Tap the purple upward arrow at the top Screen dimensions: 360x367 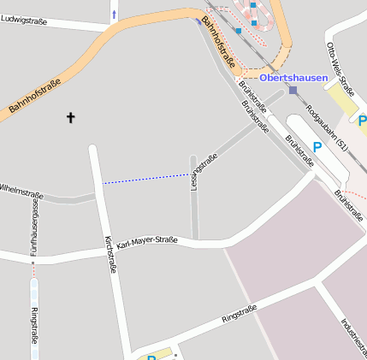(115, 14)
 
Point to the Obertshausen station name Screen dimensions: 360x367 (293, 78)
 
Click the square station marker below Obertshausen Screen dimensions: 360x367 (293, 90)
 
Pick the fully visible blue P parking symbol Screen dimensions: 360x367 (317, 147)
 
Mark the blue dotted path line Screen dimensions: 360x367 (146, 179)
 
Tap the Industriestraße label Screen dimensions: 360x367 (352, 335)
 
